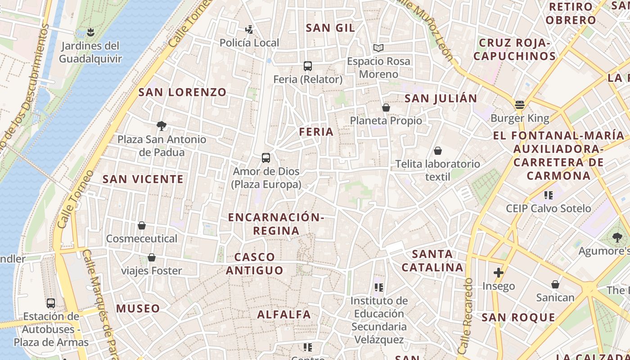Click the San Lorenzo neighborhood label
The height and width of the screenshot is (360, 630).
pyautogui.click(x=182, y=92)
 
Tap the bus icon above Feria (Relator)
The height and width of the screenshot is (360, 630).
pyautogui.click(x=308, y=66)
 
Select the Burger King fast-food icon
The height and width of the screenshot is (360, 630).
pyautogui.click(x=520, y=105)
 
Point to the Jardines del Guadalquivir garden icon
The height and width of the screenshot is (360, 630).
pyautogui.click(x=90, y=32)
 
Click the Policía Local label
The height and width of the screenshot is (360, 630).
pyautogui.click(x=249, y=43)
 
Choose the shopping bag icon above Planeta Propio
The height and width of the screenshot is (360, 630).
pyautogui.click(x=386, y=108)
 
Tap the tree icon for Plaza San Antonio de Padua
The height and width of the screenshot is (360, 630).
pyautogui.click(x=162, y=126)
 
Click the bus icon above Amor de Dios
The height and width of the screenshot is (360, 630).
pyautogui.click(x=266, y=158)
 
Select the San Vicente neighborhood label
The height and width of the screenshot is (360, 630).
pyautogui.click(x=143, y=179)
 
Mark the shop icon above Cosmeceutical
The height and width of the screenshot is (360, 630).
pyautogui.click(x=142, y=225)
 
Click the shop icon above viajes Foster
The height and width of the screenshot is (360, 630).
pyautogui.click(x=152, y=258)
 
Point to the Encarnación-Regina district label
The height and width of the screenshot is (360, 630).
pyautogui.click(x=276, y=224)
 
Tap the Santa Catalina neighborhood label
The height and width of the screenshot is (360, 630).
pyautogui.click(x=432, y=261)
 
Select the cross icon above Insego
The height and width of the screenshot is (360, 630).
pyautogui.click(x=498, y=273)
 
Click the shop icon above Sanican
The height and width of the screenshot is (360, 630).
pyautogui.click(x=555, y=284)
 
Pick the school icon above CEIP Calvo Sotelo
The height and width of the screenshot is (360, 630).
pyautogui.click(x=548, y=195)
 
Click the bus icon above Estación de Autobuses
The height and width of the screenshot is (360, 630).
pyautogui.click(x=51, y=303)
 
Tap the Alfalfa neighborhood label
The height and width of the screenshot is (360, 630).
pyautogui.click(x=284, y=315)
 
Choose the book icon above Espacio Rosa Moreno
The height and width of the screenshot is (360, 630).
pyautogui.click(x=378, y=48)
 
